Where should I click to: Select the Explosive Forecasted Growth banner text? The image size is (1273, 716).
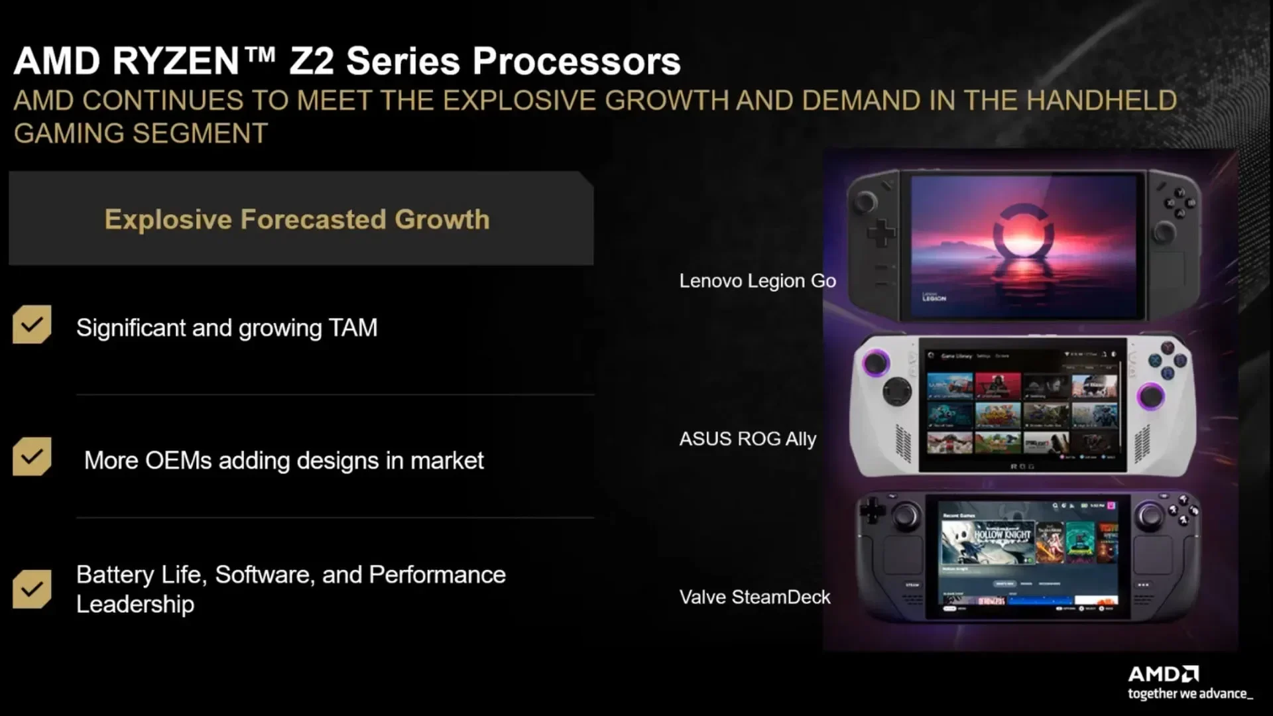click(x=297, y=219)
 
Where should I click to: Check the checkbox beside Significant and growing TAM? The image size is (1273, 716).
click(x=32, y=324)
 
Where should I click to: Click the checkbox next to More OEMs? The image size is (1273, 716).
click(x=32, y=456)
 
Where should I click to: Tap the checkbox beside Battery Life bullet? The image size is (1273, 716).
click(x=32, y=589)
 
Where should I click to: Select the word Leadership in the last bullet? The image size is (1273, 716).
click(x=135, y=604)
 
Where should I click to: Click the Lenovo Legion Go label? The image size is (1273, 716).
click(x=757, y=281)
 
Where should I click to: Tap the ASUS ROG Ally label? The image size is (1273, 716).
click(x=747, y=439)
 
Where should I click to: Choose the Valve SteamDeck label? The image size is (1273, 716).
click(x=755, y=597)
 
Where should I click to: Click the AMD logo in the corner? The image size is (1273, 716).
click(x=1163, y=674)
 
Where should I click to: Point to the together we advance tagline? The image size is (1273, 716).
click(x=1190, y=694)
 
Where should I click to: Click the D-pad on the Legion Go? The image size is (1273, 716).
click(x=880, y=233)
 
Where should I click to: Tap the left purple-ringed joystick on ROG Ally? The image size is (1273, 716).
click(x=875, y=363)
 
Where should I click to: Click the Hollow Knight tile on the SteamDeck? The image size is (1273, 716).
click(x=987, y=540)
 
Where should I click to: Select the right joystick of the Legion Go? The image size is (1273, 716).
click(x=1164, y=233)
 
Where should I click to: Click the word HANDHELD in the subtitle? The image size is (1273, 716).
click(x=1101, y=101)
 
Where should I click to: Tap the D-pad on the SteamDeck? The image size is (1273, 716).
click(x=872, y=510)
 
